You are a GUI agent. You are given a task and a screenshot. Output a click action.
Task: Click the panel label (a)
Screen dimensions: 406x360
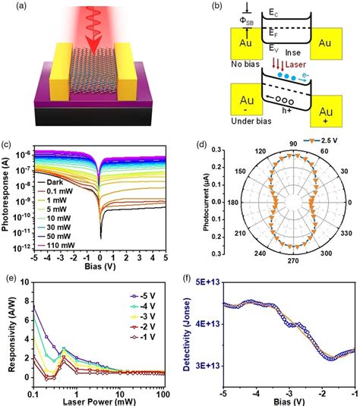[x=13, y=9]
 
